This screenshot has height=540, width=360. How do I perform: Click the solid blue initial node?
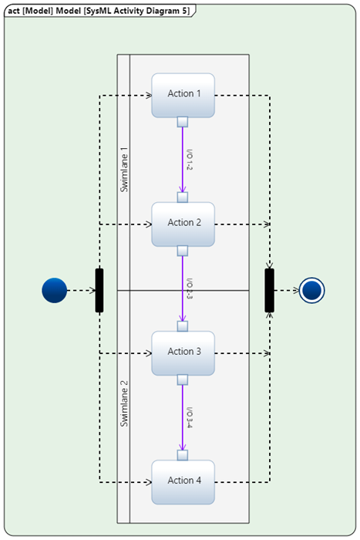pos(54,291)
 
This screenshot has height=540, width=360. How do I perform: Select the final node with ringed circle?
pos(312,291)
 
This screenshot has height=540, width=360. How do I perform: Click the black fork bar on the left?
pos(99,291)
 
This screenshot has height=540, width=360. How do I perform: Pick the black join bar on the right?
pos(269,291)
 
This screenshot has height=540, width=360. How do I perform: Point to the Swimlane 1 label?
pos(124,170)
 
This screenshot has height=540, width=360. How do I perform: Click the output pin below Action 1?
pos(183,122)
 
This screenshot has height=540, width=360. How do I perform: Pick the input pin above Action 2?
pos(183,197)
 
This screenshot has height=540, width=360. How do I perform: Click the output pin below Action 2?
pos(183,251)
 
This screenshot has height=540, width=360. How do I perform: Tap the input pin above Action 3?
pos(183,326)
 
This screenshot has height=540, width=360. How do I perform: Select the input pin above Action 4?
pos(183,455)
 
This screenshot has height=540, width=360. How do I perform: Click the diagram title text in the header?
pos(99,9)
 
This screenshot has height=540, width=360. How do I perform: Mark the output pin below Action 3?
pos(183,380)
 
